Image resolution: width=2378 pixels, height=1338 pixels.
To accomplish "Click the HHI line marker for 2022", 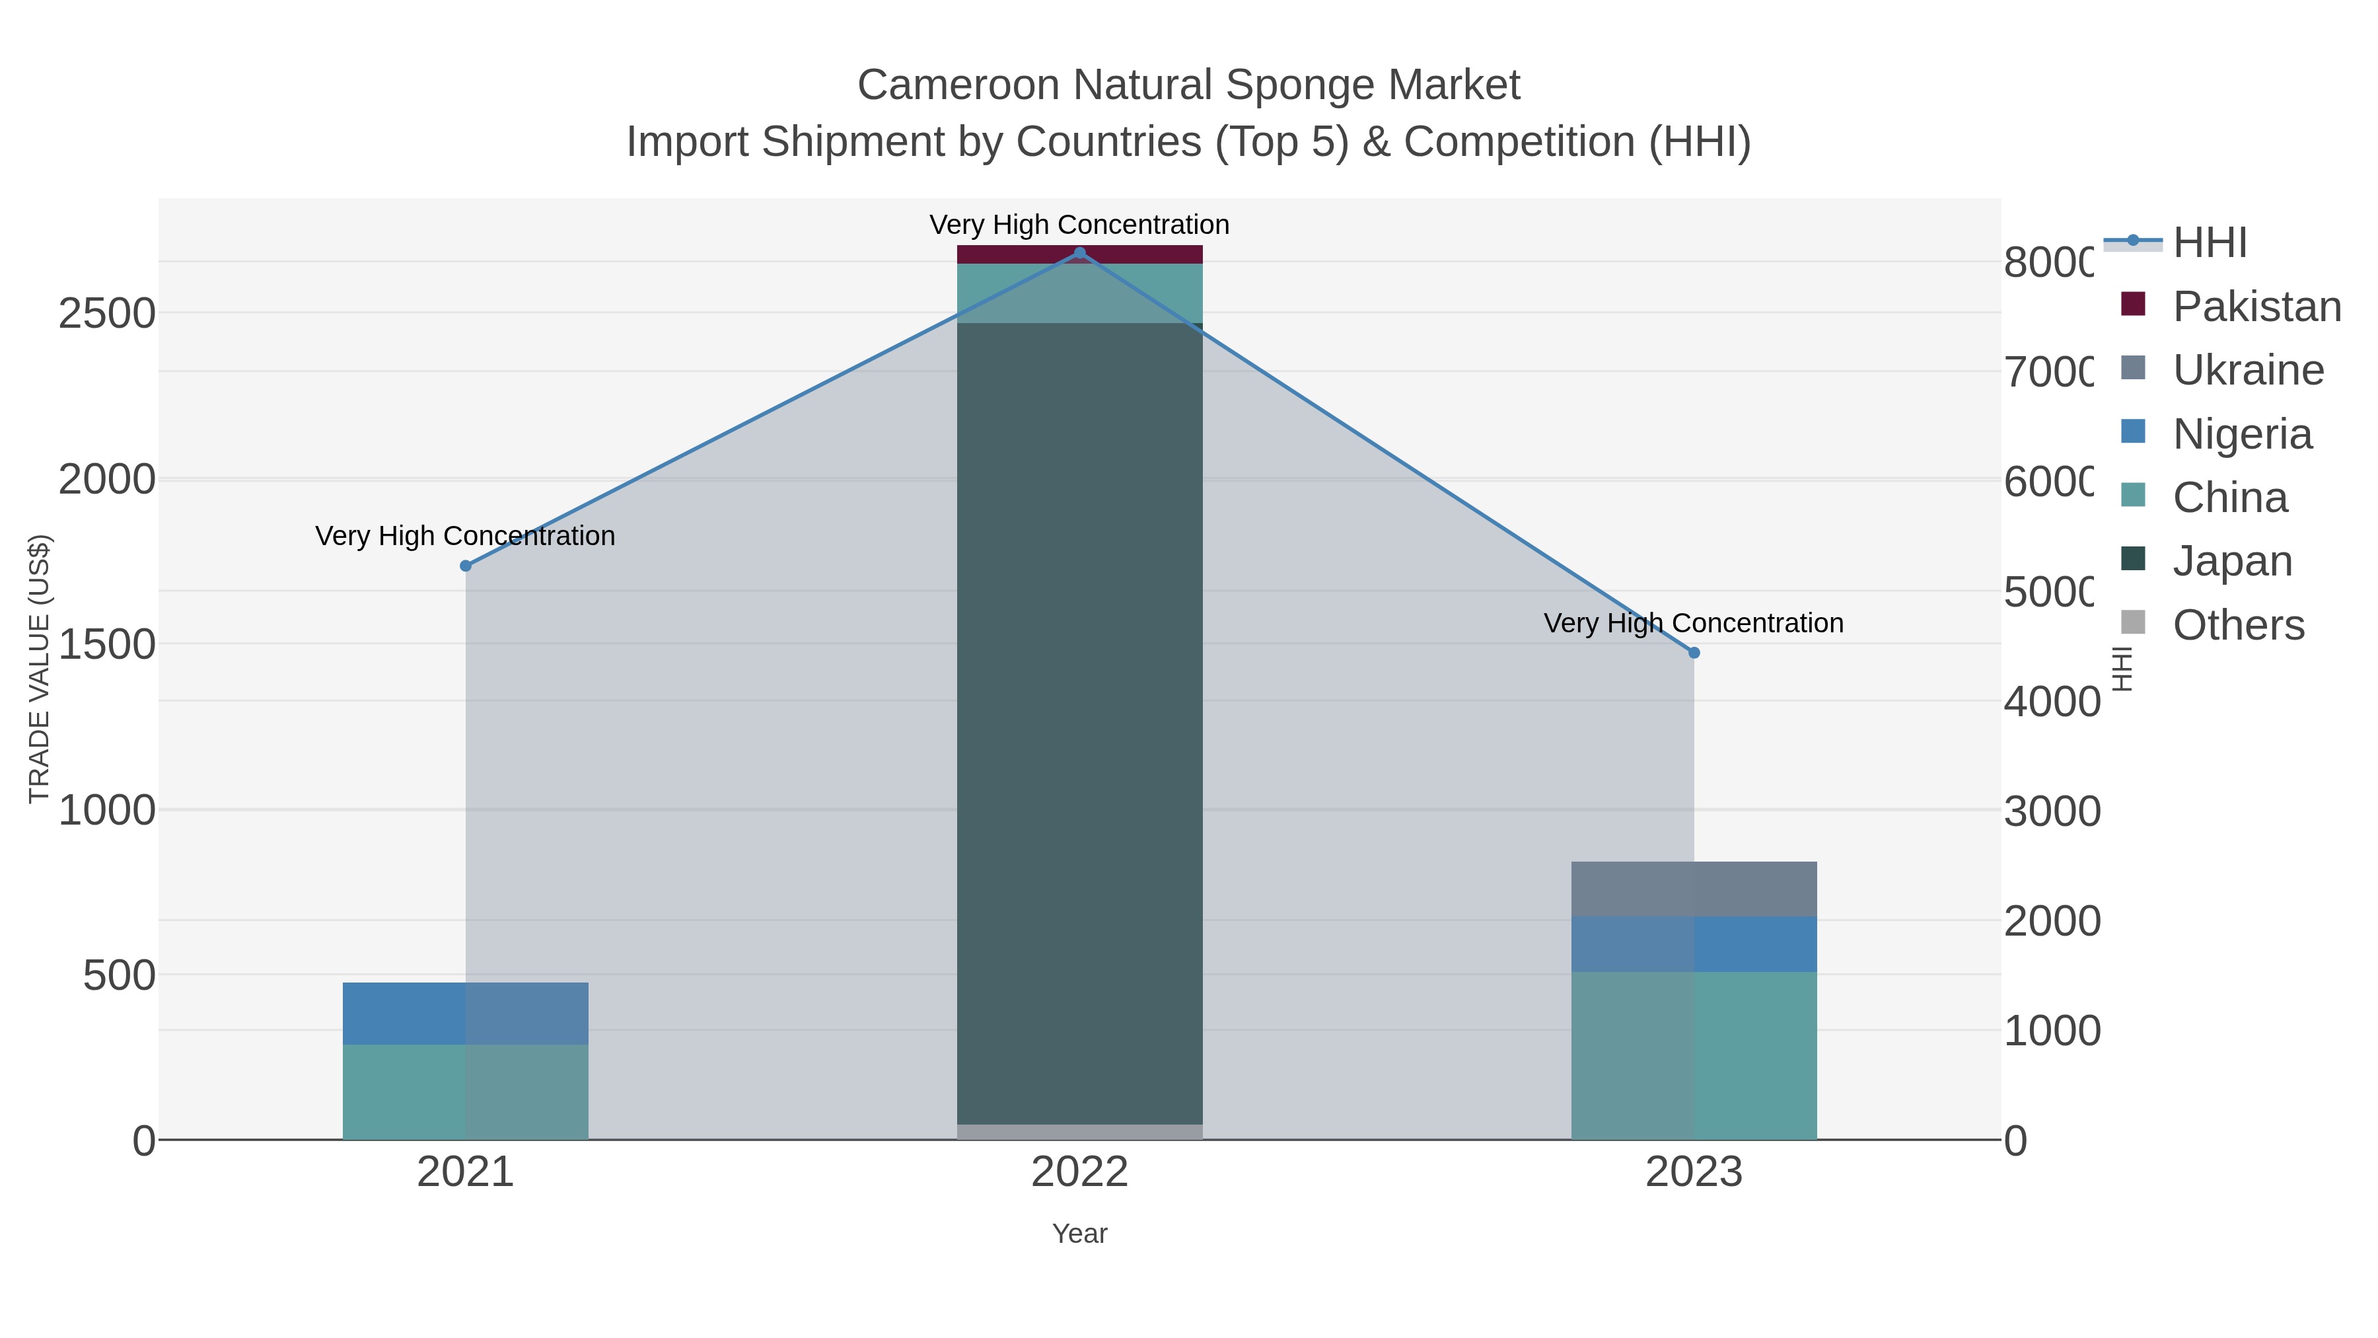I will click(1079, 252).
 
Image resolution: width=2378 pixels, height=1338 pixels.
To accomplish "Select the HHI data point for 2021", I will click(465, 566).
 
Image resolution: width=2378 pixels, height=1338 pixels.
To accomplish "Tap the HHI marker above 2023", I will click(1694, 653).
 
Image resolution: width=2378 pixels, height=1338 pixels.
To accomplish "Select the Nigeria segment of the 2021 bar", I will click(465, 1013).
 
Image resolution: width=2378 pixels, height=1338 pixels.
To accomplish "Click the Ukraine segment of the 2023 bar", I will click(1694, 888).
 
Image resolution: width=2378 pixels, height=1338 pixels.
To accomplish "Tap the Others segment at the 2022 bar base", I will click(1079, 1131).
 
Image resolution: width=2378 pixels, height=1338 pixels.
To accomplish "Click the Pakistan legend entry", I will click(2256, 307).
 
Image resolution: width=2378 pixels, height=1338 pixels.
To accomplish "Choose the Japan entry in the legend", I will click(2232, 560).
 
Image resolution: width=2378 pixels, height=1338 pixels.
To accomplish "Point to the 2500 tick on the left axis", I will click(107, 314).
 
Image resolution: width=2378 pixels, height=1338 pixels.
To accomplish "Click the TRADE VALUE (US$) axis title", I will click(39, 669).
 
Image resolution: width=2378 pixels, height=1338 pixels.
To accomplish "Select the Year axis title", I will click(1079, 1234).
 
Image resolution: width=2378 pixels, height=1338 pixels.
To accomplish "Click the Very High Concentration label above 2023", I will click(1693, 623).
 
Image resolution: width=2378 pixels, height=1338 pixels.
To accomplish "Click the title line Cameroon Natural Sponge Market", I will click(1188, 85).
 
